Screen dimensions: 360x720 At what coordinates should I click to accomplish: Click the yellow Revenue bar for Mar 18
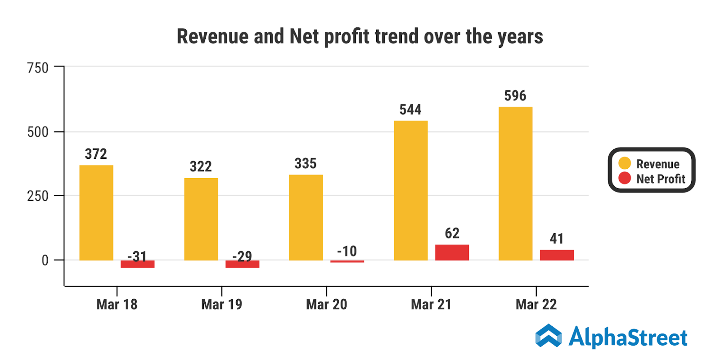coord(96,212)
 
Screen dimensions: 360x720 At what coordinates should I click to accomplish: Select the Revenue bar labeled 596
coord(515,183)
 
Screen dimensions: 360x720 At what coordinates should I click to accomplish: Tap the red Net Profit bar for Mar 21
coord(452,252)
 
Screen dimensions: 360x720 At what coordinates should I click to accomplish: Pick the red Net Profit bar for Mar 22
coord(557,255)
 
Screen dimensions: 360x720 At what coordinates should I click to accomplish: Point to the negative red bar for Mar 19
coord(242,264)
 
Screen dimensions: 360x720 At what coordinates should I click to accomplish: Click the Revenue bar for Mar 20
coord(306,217)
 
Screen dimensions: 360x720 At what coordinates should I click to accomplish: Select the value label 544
coord(410,110)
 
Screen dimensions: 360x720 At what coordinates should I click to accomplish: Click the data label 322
coord(201,167)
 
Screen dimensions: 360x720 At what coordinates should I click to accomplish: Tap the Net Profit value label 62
coord(452,233)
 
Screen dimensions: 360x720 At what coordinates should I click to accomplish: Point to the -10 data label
coord(347,251)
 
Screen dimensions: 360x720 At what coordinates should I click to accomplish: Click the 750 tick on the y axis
coord(38,68)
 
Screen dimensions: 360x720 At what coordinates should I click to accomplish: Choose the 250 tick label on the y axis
coord(38,196)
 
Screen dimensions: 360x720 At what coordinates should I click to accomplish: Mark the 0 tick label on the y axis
coord(45,261)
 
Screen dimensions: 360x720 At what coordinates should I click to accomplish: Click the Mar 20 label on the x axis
coord(326,305)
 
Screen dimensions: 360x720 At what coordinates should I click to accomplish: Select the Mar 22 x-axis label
coord(536,305)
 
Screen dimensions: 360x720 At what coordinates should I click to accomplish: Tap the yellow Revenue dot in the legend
coord(625,163)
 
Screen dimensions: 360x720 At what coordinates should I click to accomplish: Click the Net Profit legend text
coord(661,179)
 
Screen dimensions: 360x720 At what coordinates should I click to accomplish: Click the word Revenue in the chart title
coord(212,36)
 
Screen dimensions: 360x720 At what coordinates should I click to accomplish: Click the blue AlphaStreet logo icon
coord(549,336)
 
